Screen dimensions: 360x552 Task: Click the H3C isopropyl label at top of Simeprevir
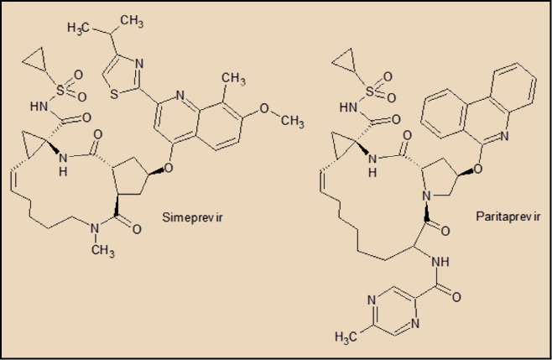point(81,28)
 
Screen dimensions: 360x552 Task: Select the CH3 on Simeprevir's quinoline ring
point(233,80)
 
